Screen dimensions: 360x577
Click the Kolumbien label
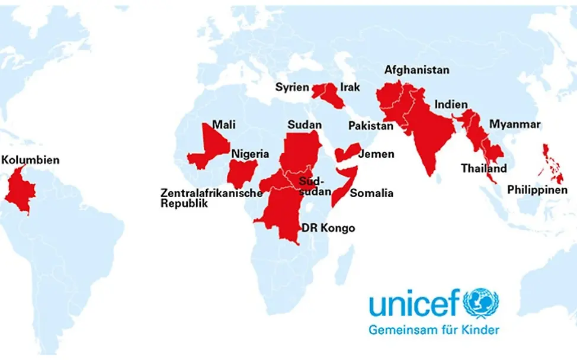(x=30, y=160)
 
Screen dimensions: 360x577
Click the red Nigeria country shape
(x=242, y=173)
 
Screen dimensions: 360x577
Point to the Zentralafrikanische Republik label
(x=211, y=198)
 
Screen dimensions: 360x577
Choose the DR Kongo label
(x=328, y=228)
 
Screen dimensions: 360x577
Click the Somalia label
(x=371, y=193)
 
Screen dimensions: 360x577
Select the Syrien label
(x=292, y=88)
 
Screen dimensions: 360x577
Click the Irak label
(x=350, y=87)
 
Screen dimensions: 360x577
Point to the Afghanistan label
(x=416, y=70)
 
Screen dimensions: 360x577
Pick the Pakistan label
(x=370, y=126)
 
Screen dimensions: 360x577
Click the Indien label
(x=451, y=104)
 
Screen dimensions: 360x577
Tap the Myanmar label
(x=514, y=124)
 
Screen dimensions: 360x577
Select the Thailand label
(x=484, y=168)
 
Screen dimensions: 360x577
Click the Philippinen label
(x=537, y=190)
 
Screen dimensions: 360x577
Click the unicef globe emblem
(x=481, y=303)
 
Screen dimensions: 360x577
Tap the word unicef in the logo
(x=413, y=304)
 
